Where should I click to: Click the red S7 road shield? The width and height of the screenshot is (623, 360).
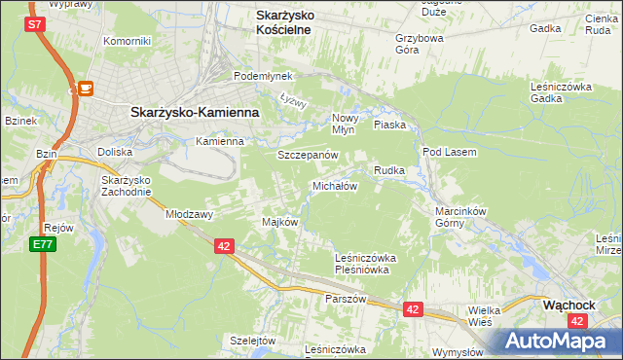35,24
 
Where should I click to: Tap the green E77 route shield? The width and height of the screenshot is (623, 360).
41,245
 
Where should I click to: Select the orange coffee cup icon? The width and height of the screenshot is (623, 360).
86,89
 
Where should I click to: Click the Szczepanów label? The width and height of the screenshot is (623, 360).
308,156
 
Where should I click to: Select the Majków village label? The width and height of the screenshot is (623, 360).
279,222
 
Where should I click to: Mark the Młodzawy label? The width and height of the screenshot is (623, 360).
189,213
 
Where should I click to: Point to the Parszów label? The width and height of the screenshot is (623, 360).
346,299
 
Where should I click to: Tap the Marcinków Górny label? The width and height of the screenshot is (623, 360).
459,214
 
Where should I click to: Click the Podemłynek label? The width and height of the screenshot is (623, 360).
257,76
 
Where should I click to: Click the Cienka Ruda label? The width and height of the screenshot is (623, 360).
599,24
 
